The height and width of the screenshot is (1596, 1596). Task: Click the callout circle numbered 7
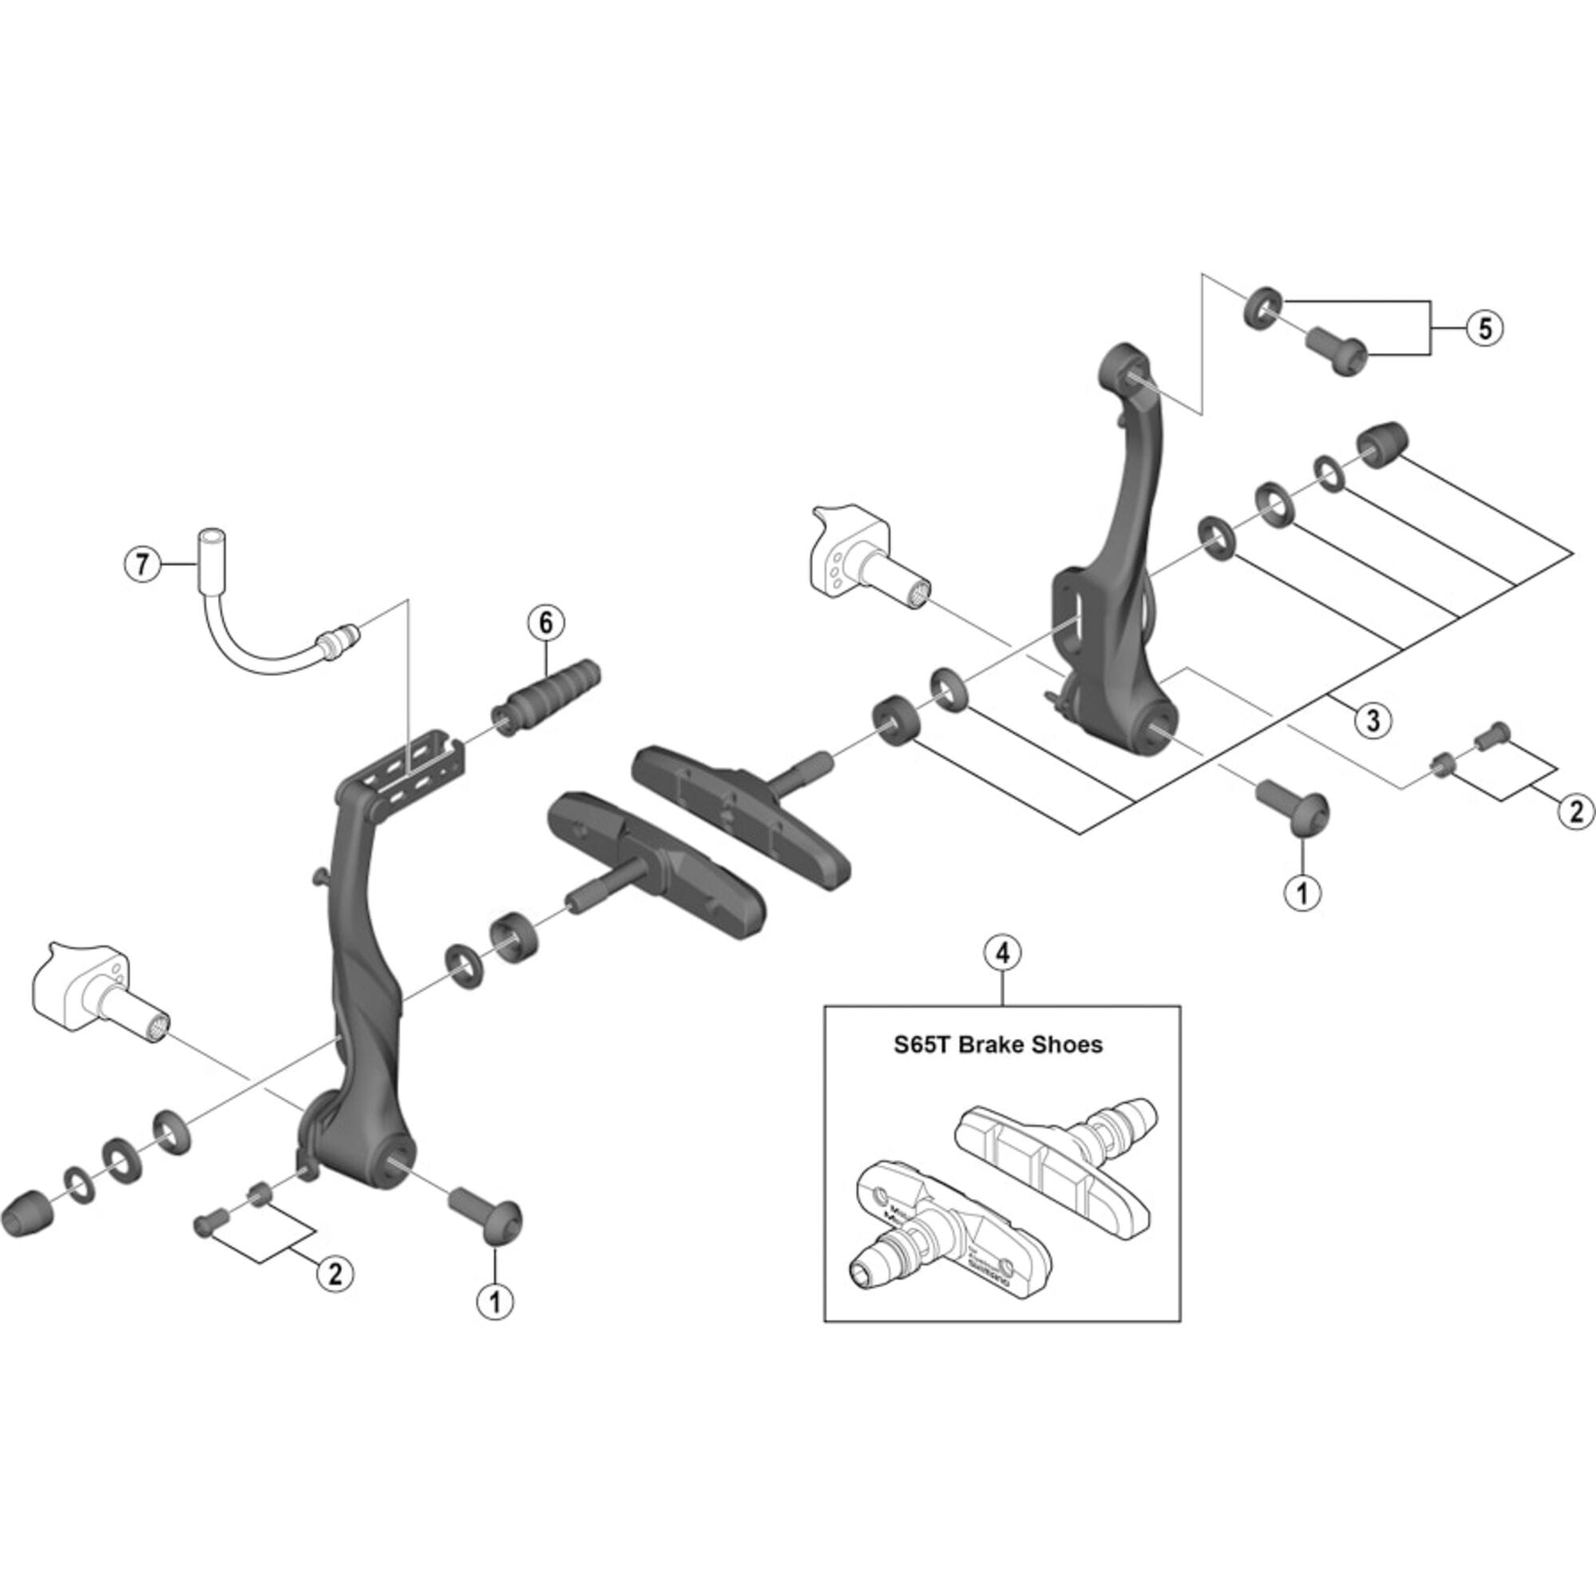[x=142, y=565]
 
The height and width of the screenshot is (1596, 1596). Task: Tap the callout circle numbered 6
[x=546, y=623]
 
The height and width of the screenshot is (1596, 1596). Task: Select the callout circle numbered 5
[x=1484, y=329]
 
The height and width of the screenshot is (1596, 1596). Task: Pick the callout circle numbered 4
[x=1002, y=953]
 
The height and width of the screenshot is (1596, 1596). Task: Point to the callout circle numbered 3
[x=1373, y=719]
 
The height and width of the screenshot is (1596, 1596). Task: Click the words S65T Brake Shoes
[x=998, y=1045]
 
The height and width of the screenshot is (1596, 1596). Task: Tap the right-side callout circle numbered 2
[x=1574, y=812]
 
